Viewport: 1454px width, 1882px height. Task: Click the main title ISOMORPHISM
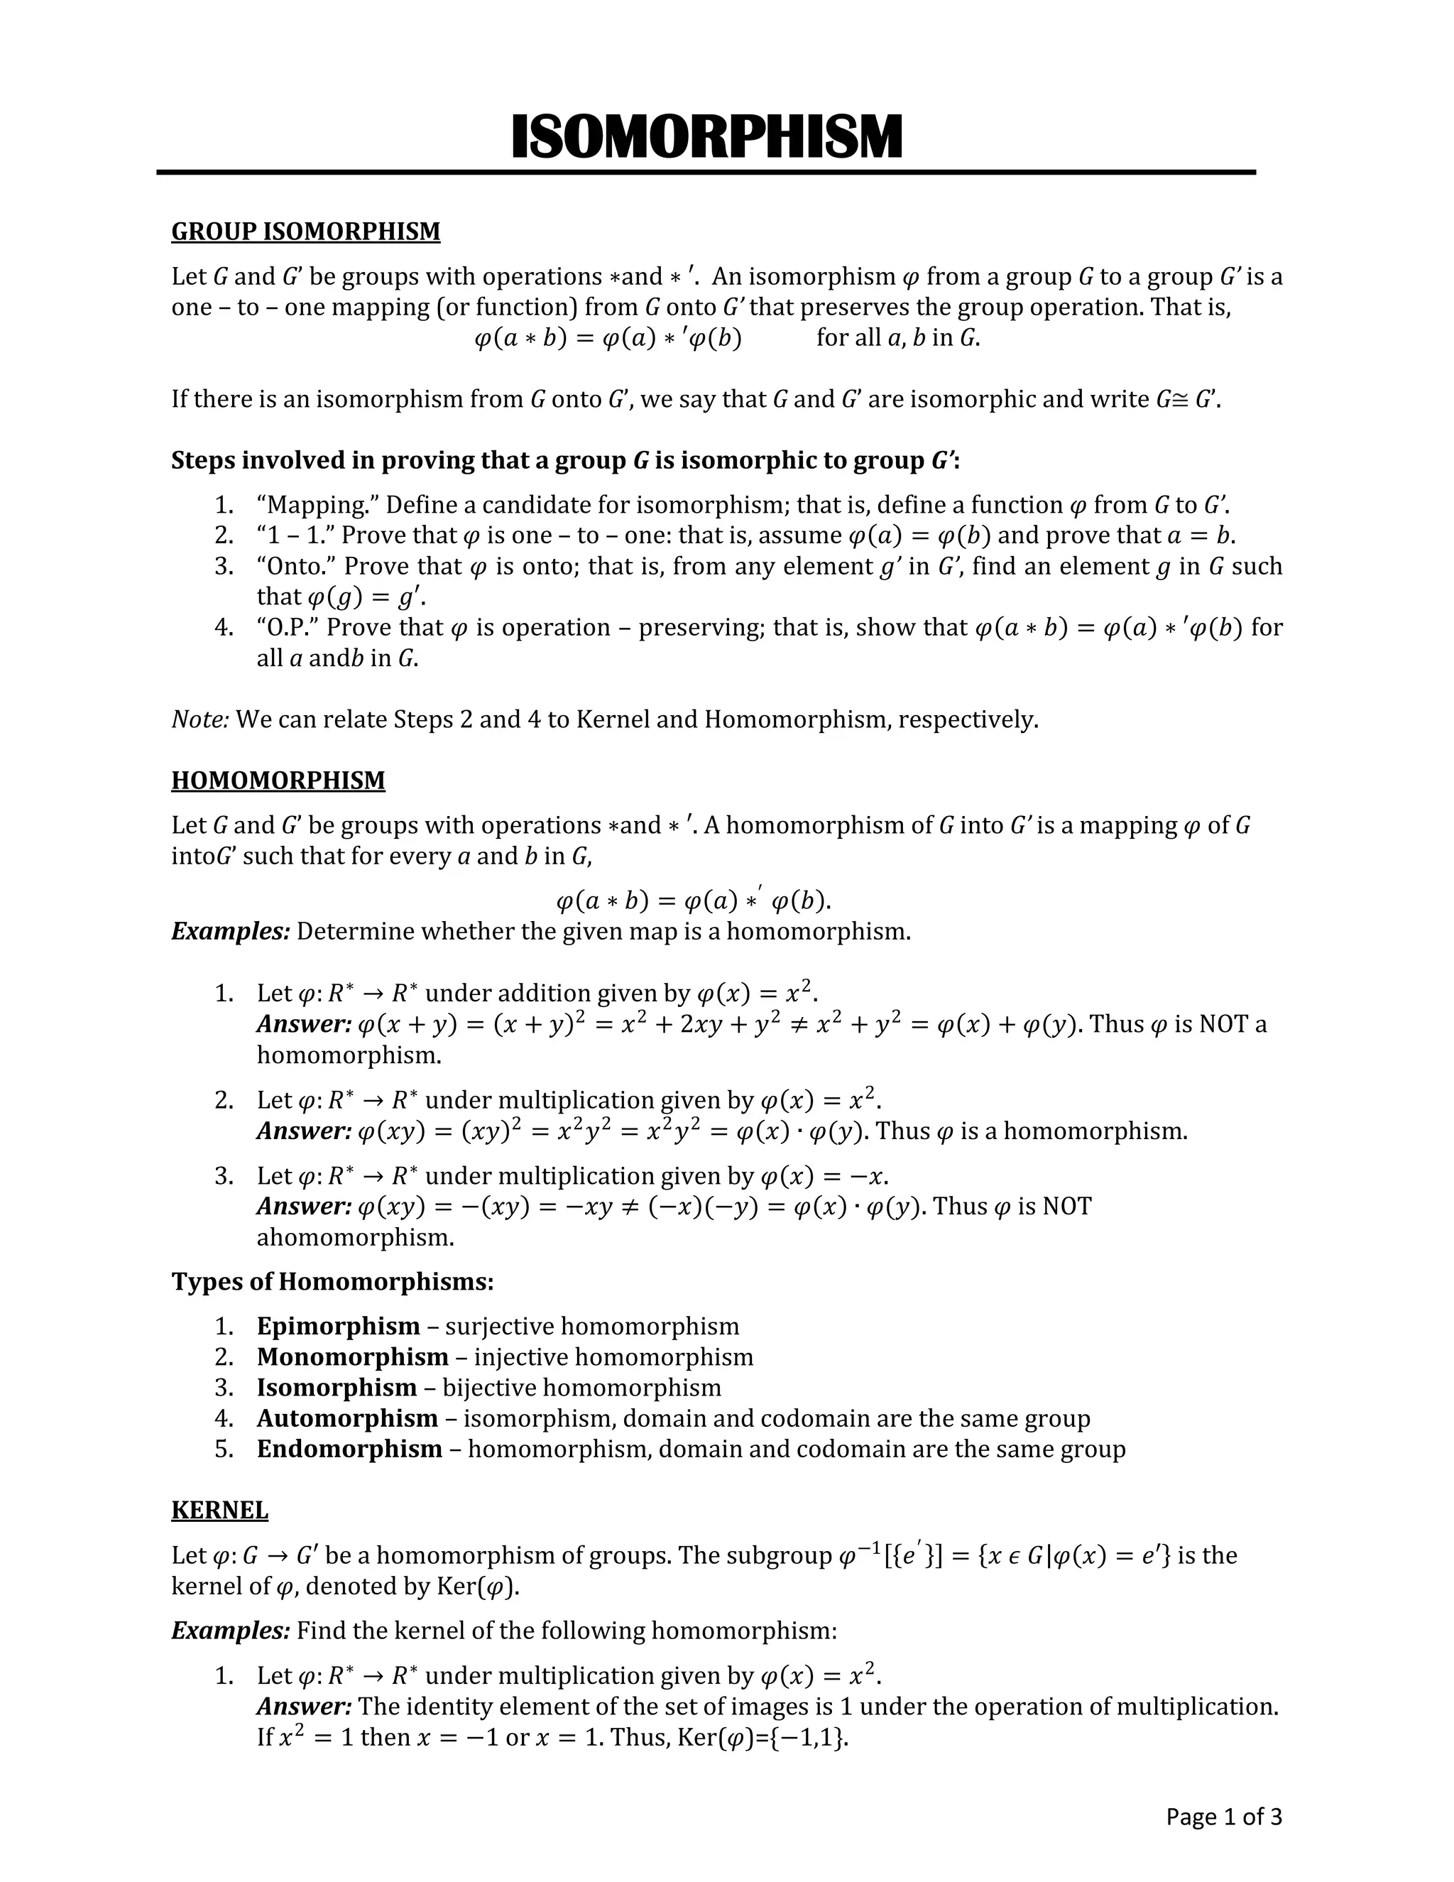(x=706, y=138)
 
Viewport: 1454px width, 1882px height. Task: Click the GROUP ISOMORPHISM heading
(x=306, y=232)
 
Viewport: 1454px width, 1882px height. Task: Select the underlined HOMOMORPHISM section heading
(x=278, y=780)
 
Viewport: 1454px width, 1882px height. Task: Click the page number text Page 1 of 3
(x=1223, y=1817)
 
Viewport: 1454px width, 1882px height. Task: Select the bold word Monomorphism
(x=352, y=1357)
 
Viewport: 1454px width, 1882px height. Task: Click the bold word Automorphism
(x=347, y=1418)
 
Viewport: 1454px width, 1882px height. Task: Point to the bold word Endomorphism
(x=349, y=1449)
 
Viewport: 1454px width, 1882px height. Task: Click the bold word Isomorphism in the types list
(x=336, y=1388)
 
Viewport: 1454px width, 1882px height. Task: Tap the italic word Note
(x=199, y=719)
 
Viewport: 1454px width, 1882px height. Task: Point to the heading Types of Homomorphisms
(x=332, y=1282)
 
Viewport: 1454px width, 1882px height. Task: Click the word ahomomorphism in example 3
(x=355, y=1239)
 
